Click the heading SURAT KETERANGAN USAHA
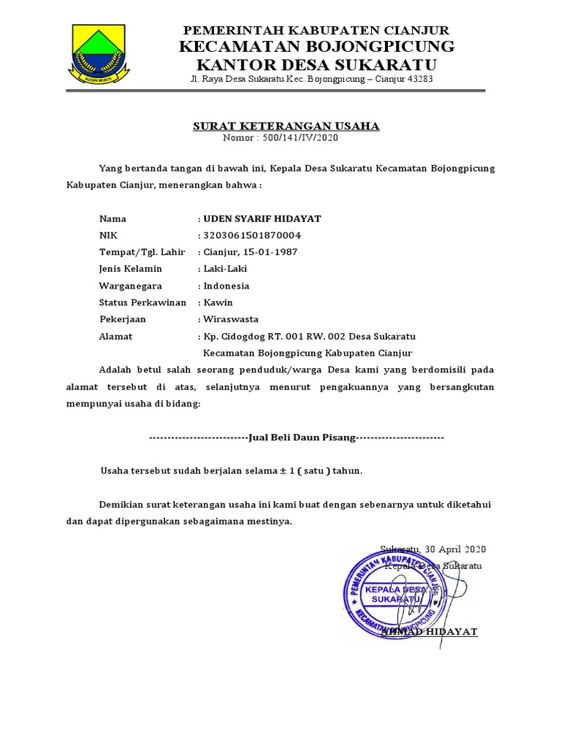(286, 126)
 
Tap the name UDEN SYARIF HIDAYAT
(262, 218)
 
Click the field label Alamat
(115, 337)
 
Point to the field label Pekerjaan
(123, 319)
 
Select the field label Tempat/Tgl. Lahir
(142, 252)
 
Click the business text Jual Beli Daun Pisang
(301, 437)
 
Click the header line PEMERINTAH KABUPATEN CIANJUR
(316, 30)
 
